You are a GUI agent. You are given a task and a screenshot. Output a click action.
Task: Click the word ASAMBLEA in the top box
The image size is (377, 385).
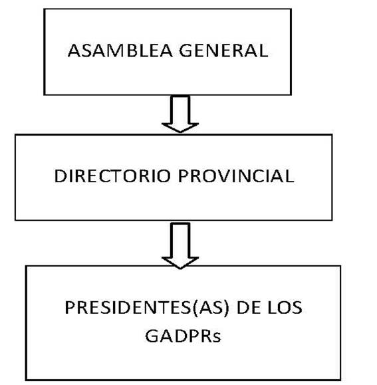(120, 51)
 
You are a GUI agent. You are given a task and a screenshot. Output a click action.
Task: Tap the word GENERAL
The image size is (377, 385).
(223, 51)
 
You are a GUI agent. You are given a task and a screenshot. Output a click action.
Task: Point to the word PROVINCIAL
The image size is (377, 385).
(236, 176)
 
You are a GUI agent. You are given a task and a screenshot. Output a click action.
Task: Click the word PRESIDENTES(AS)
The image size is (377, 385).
(147, 308)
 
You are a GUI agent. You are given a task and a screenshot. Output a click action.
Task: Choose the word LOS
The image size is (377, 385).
(285, 308)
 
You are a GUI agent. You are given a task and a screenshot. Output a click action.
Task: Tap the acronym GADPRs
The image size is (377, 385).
(183, 336)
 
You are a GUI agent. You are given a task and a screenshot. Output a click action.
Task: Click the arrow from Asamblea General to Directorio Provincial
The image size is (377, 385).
(180, 114)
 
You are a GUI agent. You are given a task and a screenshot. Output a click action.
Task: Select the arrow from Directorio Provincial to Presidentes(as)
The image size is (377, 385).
(180, 246)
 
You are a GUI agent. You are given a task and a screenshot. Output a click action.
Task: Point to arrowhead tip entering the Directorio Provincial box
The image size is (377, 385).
(180, 132)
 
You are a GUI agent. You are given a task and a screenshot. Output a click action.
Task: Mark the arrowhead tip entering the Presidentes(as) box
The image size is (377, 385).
(180, 269)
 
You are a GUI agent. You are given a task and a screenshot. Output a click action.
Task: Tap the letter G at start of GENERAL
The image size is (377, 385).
(186, 51)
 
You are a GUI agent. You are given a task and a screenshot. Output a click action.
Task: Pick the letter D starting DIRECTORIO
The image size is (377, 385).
(60, 176)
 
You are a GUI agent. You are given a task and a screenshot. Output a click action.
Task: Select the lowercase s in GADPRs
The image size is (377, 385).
(217, 337)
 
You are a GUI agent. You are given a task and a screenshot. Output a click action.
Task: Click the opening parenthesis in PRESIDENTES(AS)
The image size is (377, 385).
(195, 308)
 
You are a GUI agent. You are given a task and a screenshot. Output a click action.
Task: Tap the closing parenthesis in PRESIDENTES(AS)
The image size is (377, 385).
(227, 308)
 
